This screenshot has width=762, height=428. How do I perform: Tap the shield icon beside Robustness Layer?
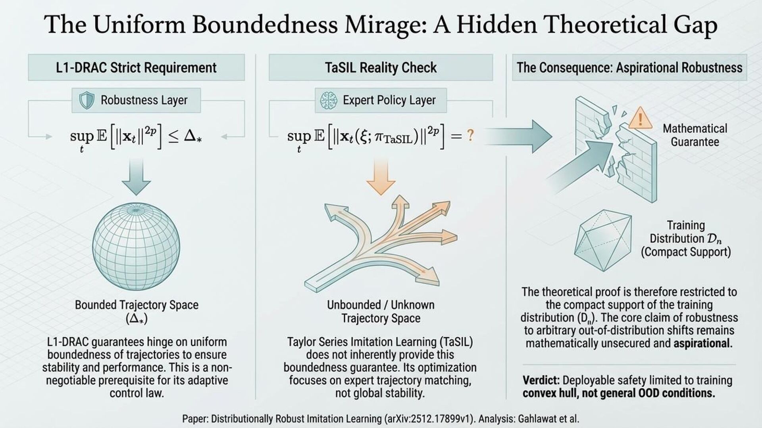tap(87, 100)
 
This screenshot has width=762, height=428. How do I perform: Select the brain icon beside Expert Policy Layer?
tap(328, 100)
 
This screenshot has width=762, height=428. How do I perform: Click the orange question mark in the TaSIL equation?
tap(470, 136)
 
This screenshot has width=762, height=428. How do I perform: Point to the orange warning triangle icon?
tap(640, 117)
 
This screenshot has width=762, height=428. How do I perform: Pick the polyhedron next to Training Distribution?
tap(603, 240)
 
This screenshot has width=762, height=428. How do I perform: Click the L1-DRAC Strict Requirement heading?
tap(136, 68)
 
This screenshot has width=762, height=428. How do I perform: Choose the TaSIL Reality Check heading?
tap(381, 68)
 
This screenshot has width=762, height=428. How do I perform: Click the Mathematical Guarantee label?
tap(695, 135)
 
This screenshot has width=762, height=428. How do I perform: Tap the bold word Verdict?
tap(541, 380)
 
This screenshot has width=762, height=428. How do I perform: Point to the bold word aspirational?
tap(702, 343)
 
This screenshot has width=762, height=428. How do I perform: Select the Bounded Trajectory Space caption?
tap(137, 305)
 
